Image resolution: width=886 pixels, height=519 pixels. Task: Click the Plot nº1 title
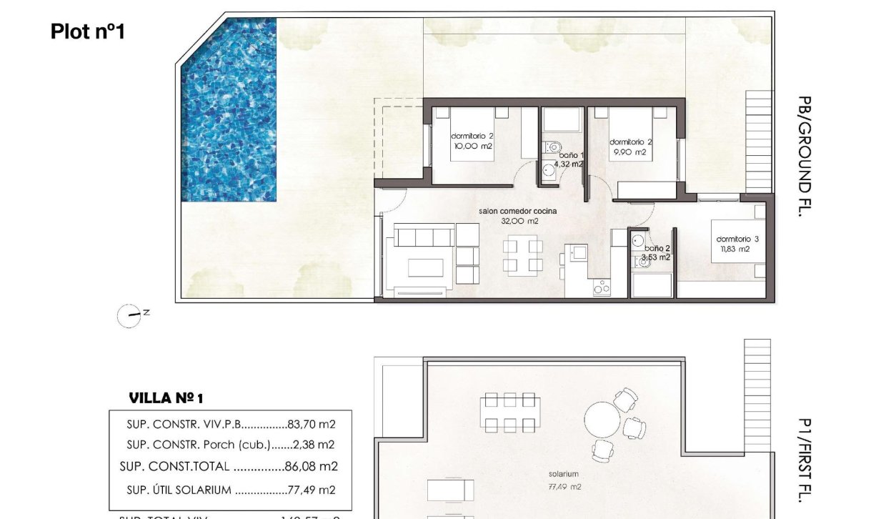pos(88,31)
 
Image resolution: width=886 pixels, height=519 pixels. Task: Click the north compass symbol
pos(129,315)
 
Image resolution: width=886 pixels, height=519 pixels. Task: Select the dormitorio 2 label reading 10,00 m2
pos(472,141)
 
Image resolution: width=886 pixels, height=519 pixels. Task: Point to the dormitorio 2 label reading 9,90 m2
pos(631,147)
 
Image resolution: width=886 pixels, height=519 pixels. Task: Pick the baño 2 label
pos(654,252)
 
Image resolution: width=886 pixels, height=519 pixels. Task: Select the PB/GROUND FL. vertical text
pos(805,156)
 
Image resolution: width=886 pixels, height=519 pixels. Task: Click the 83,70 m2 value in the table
pos(312,424)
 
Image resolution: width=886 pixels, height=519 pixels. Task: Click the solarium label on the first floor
pos(563,473)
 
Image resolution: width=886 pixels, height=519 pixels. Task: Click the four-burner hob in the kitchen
pos(602,287)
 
